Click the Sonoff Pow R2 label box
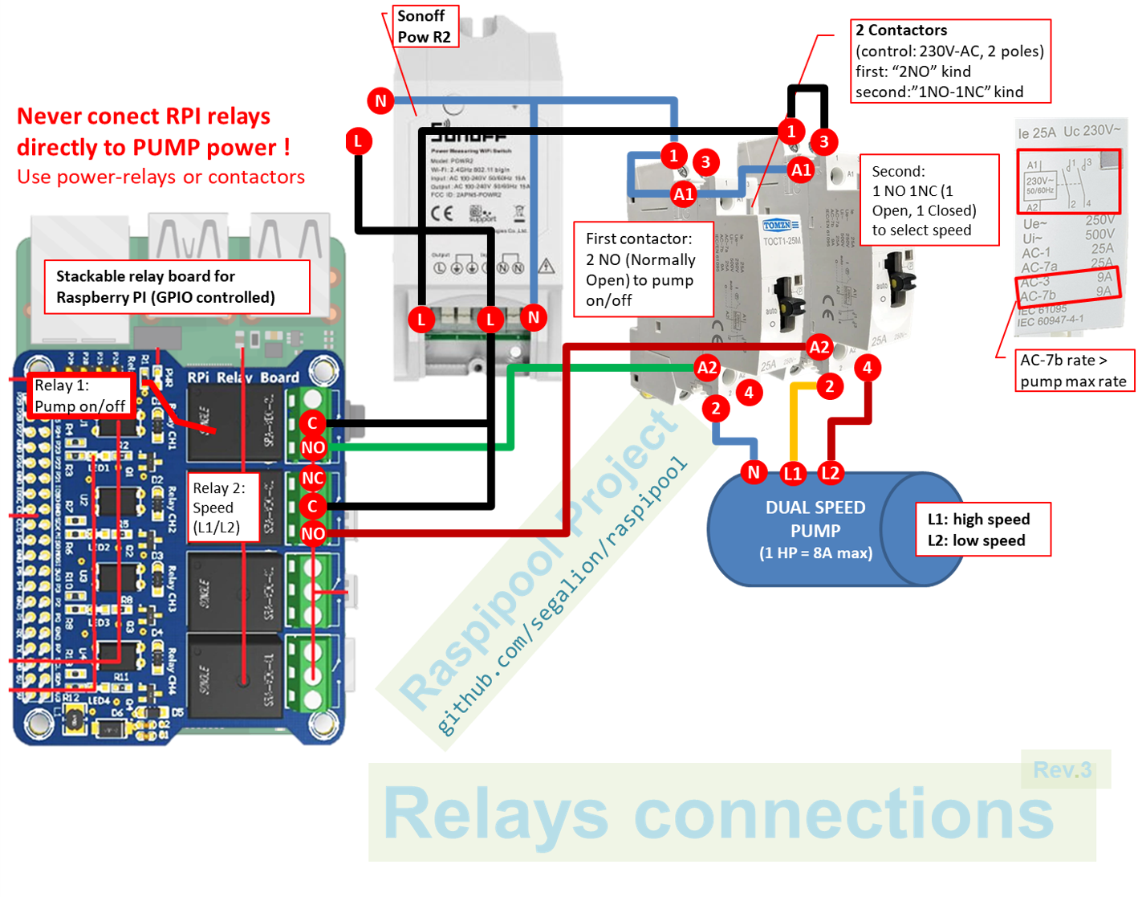(x=425, y=27)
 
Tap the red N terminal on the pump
(x=753, y=472)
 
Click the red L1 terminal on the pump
(x=792, y=473)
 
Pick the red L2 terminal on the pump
(x=830, y=473)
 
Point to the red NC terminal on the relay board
(x=312, y=479)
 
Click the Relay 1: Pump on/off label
(x=79, y=395)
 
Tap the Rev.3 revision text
(x=1062, y=770)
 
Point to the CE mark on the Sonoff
(x=441, y=214)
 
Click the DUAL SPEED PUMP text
(x=815, y=520)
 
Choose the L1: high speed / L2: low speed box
(x=982, y=530)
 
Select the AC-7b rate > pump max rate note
(x=1073, y=371)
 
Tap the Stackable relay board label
(x=177, y=287)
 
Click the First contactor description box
(x=643, y=270)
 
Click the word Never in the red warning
(x=52, y=117)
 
